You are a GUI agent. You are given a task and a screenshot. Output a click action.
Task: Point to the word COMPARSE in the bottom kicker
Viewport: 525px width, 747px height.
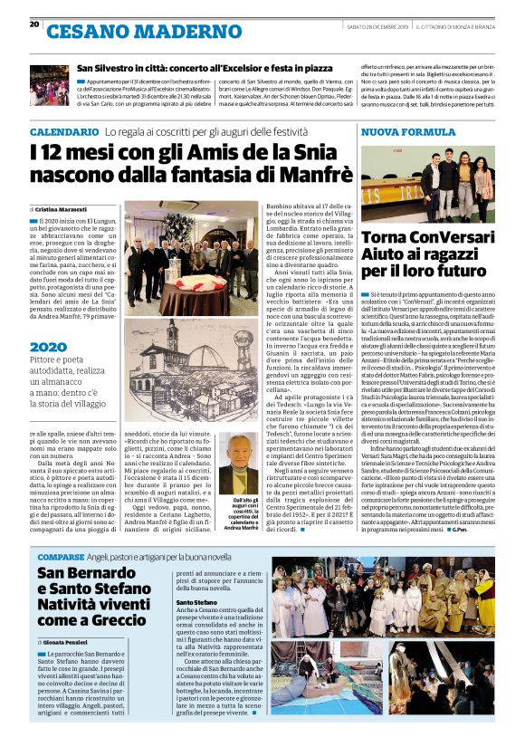[x=61, y=556]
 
